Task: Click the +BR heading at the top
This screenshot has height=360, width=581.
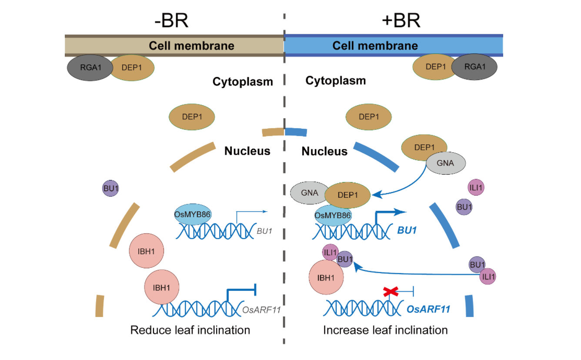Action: pos(401,20)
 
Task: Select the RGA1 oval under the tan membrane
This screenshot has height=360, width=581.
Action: pos(89,67)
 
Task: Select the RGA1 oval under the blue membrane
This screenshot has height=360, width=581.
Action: pos(474,67)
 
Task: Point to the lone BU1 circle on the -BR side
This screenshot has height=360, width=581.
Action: pos(111,189)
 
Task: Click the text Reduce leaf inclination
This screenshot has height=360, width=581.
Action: pos(190,330)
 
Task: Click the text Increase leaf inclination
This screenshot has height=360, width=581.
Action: pos(385,330)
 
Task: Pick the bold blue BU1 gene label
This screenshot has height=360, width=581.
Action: pos(407,230)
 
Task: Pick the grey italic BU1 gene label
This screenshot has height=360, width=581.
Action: pos(264,231)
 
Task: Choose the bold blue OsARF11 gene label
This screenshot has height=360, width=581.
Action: pos(428,309)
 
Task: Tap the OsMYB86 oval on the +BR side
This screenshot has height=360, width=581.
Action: pos(333,215)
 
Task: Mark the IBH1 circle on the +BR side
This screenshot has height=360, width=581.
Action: pos(326,277)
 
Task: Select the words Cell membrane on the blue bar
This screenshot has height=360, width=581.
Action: pos(375,46)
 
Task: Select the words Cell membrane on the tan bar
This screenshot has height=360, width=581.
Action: pos(191,46)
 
